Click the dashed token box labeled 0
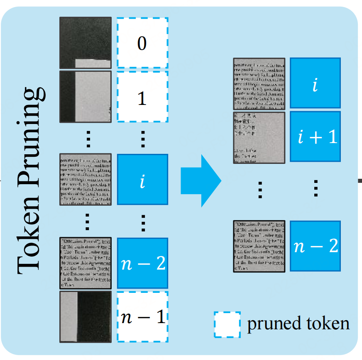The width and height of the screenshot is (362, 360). (142, 43)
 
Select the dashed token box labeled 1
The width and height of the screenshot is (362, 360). (142, 97)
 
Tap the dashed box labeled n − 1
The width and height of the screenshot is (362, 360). (142, 317)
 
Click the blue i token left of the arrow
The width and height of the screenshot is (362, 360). (142, 180)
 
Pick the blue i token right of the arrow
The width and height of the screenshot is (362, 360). (315, 83)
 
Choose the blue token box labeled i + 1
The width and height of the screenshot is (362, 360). (315, 136)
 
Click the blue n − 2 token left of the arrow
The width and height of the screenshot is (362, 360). (142, 263)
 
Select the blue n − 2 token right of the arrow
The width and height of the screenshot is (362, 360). (315, 246)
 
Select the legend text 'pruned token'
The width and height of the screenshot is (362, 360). (298, 324)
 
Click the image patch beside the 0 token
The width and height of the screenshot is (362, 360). (86, 43)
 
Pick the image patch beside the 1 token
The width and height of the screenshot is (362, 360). (86, 97)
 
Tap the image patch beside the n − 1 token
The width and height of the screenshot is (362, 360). (86, 317)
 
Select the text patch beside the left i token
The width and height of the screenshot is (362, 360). (86, 180)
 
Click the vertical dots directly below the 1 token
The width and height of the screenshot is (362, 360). (142, 139)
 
